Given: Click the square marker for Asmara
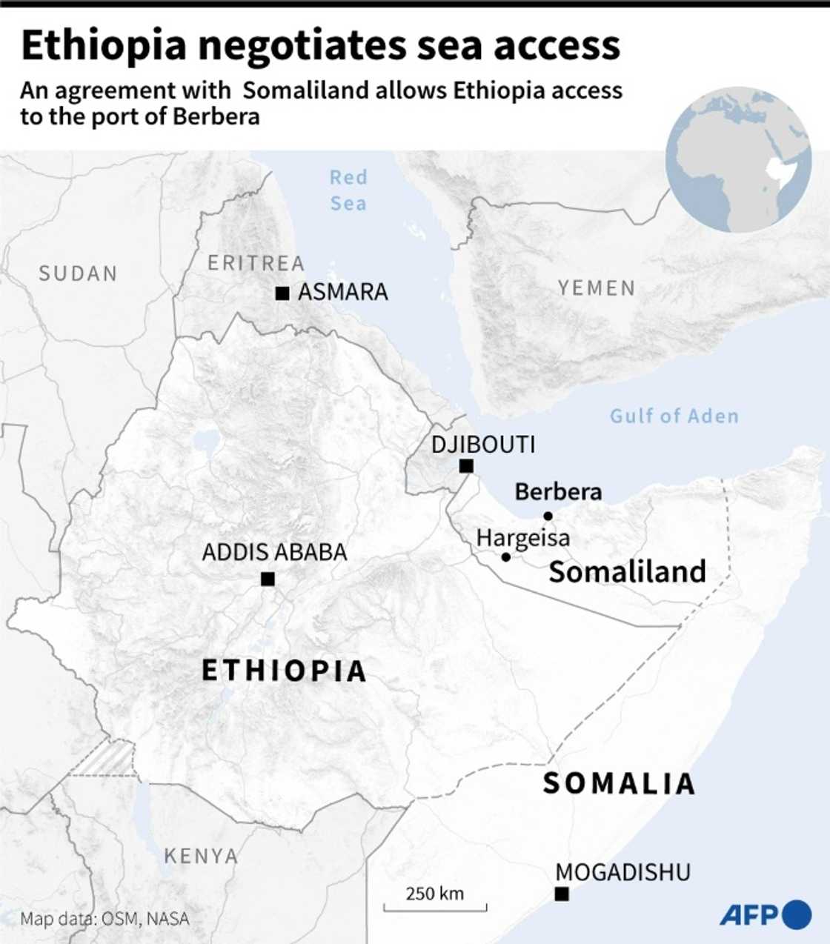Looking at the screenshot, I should pyautogui.click(x=282, y=293).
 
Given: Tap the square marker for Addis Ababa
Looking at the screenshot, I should pyautogui.click(x=268, y=579).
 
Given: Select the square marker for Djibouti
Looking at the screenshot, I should pyautogui.click(x=466, y=466).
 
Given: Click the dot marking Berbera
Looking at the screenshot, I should pyautogui.click(x=548, y=516).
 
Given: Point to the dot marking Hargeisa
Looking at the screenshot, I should pyautogui.click(x=505, y=556).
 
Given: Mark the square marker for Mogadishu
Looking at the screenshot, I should pyautogui.click(x=562, y=894).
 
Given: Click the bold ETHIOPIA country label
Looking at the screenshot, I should pyautogui.click(x=285, y=671).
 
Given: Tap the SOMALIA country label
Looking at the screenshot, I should pyautogui.click(x=619, y=783).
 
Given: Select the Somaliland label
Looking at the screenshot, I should pyautogui.click(x=627, y=571).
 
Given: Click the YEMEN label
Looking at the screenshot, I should pyautogui.click(x=597, y=287).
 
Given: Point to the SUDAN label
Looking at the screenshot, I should pyautogui.click(x=78, y=273).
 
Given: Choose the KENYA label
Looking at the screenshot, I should pyautogui.click(x=201, y=856).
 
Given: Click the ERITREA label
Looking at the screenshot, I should pyautogui.click(x=256, y=263).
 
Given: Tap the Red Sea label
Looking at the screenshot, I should pyautogui.click(x=348, y=190).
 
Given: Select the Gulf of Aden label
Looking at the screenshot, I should pyautogui.click(x=674, y=416).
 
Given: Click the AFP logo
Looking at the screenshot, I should pyautogui.click(x=765, y=914).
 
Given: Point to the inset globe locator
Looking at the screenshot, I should pyautogui.click(x=738, y=160).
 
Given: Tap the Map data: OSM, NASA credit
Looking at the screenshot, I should pyautogui.click(x=104, y=919).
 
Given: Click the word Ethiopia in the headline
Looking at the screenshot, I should pyautogui.click(x=104, y=45).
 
